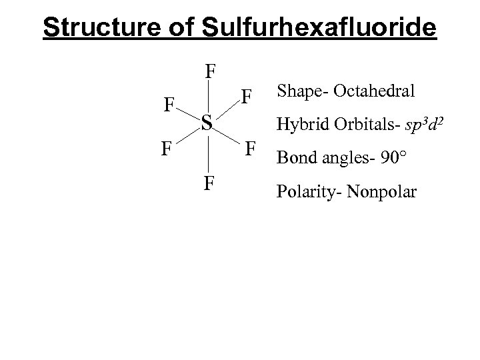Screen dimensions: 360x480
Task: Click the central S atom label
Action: pyautogui.click(x=207, y=121)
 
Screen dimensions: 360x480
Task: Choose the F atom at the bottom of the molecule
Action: pyautogui.click(x=209, y=181)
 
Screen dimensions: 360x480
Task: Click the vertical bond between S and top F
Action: pyautogui.click(x=209, y=96)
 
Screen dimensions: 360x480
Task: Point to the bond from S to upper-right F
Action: pyautogui.click(x=227, y=109)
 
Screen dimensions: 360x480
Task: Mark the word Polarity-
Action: pyautogui.click(x=305, y=193)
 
